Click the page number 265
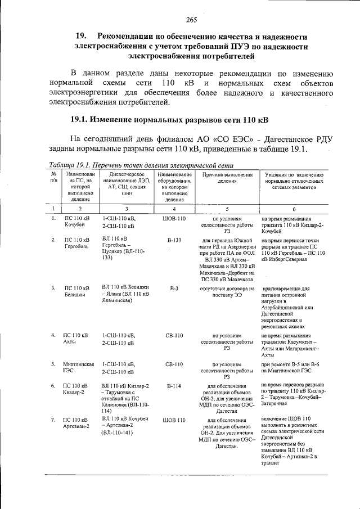191,21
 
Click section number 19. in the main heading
83,35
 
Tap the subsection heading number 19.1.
80,120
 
